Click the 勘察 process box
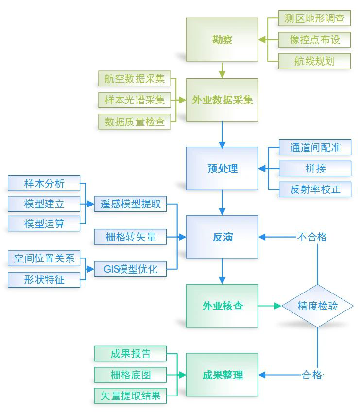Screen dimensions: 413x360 tap(222, 40)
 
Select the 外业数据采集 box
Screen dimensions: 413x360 tap(222, 100)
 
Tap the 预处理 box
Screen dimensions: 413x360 tap(222, 169)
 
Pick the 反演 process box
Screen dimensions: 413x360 tap(222, 237)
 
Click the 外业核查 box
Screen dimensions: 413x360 tap(222, 306)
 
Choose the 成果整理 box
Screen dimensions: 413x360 tap(222, 375)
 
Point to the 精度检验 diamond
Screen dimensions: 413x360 tap(318, 306)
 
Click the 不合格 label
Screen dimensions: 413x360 tap(311, 237)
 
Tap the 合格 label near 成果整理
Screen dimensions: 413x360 tap(311, 375)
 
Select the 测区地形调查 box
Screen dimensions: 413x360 tap(314, 18)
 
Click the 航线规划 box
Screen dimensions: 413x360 tap(314, 61)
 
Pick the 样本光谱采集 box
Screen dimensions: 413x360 tap(135, 100)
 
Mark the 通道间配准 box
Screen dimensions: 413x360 tap(315, 148)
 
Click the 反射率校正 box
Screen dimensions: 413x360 tap(315, 189)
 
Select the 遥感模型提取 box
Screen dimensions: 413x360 tap(130, 204)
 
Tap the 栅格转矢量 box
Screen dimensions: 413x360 tap(130, 237)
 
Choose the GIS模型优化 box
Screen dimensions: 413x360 tap(130, 269)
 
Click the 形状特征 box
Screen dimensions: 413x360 tap(44, 279)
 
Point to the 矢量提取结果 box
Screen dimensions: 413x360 tap(130, 396)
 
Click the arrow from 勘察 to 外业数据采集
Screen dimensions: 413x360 tap(222, 69)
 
